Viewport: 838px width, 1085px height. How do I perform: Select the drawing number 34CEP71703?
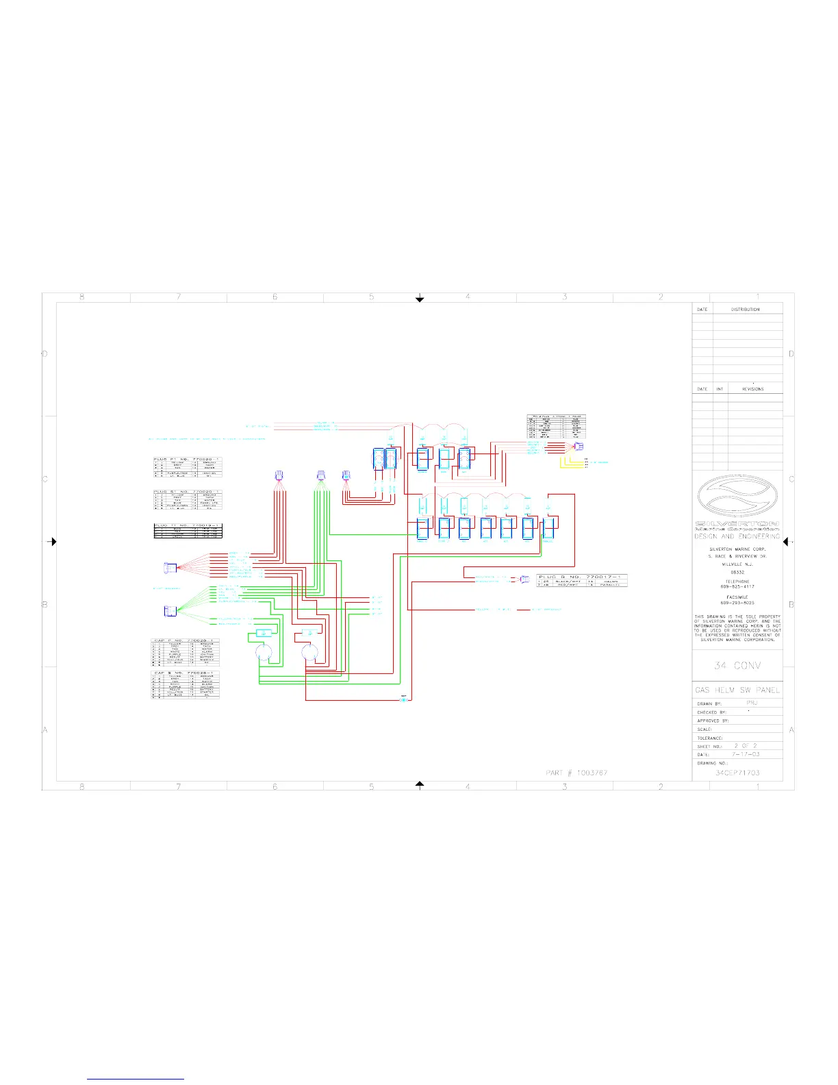[737, 773]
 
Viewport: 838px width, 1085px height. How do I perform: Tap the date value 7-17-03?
[746, 754]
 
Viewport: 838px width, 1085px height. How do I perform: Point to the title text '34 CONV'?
[737, 666]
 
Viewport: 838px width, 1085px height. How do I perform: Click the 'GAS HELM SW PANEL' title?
[737, 690]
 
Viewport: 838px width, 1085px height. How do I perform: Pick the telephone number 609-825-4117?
[737, 587]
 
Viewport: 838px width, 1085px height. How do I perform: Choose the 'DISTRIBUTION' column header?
[745, 310]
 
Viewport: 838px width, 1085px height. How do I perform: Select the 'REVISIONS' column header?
[752, 389]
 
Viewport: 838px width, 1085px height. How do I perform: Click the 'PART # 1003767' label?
[576, 773]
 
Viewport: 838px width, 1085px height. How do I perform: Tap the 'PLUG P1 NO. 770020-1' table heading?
[187, 459]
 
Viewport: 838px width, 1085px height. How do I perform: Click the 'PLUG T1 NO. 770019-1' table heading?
[187, 525]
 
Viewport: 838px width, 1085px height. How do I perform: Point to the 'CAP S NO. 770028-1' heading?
[185, 673]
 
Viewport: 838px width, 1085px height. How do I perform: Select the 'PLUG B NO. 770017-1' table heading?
[581, 577]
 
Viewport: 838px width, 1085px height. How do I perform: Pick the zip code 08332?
[737, 572]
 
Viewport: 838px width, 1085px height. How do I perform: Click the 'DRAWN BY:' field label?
[709, 704]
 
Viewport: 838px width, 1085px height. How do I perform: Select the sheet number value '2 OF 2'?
[746, 745]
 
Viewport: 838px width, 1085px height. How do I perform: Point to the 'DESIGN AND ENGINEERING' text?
[737, 537]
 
